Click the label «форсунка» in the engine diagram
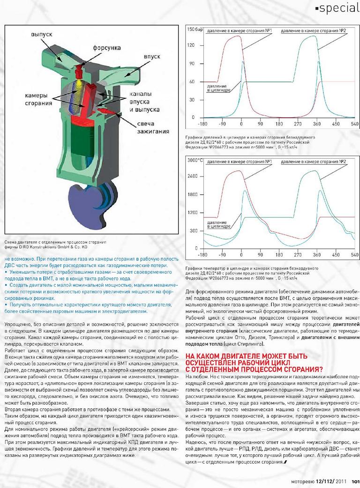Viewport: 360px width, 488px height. pos(107,48)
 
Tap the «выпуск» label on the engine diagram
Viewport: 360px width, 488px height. pos(45,35)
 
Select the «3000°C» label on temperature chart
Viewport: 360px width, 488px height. pos(195,160)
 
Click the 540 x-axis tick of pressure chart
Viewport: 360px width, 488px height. pos(354,125)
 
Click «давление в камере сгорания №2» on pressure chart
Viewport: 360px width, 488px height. pos(313,30)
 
